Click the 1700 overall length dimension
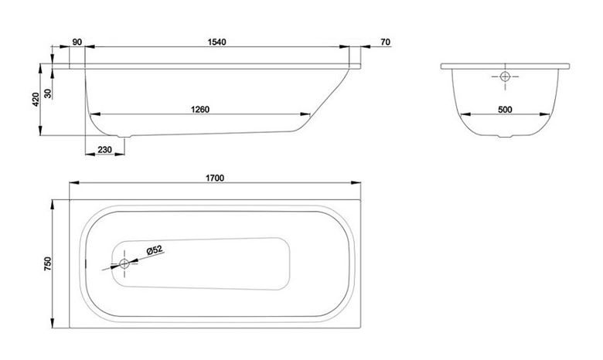click(215, 178)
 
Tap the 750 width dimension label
click(47, 264)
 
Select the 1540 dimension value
click(217, 42)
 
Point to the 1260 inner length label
click(200, 110)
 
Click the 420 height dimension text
click(36, 100)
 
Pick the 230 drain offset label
click(104, 149)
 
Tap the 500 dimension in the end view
click(505, 110)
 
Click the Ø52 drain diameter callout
click(155, 250)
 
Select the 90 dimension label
click(77, 42)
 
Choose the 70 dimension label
click(385, 42)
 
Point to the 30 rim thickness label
click(48, 93)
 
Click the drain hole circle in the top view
click(124, 263)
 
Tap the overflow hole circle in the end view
click(505, 76)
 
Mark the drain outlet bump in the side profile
click(124, 136)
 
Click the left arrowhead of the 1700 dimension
click(74, 183)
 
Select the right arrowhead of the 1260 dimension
click(305, 114)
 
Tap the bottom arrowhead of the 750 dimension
click(53, 323)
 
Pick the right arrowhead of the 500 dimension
click(544, 114)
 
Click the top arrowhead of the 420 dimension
click(40, 70)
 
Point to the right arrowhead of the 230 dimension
click(120, 155)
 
